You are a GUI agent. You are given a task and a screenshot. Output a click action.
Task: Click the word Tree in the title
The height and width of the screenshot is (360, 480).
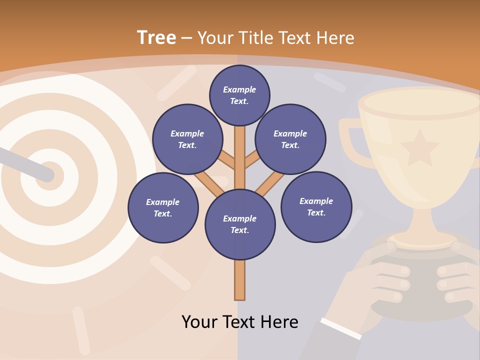click(156, 37)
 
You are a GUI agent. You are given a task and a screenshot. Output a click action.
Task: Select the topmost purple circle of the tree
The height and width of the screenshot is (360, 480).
click(239, 95)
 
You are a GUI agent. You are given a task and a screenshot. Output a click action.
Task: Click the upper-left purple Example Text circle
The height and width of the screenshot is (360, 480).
click(187, 139)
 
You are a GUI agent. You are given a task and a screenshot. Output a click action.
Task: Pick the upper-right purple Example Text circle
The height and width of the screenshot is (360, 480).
click(290, 139)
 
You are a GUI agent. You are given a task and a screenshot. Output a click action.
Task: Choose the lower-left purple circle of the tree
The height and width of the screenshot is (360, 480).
click(162, 207)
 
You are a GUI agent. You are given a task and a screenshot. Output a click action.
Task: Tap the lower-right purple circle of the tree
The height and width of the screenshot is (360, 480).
click(316, 206)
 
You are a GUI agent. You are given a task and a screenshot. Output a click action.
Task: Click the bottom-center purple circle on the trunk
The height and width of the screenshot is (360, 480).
click(239, 224)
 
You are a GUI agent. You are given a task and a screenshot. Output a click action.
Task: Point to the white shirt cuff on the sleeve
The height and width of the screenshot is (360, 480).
click(341, 328)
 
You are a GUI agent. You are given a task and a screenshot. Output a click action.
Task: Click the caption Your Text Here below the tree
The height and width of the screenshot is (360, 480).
click(239, 321)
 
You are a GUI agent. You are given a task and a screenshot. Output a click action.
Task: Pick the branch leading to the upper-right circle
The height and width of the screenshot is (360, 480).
click(253, 160)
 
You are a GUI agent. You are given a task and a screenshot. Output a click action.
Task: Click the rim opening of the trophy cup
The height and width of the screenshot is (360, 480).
click(419, 101)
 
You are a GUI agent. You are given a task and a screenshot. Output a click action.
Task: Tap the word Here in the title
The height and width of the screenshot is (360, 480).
click(334, 37)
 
